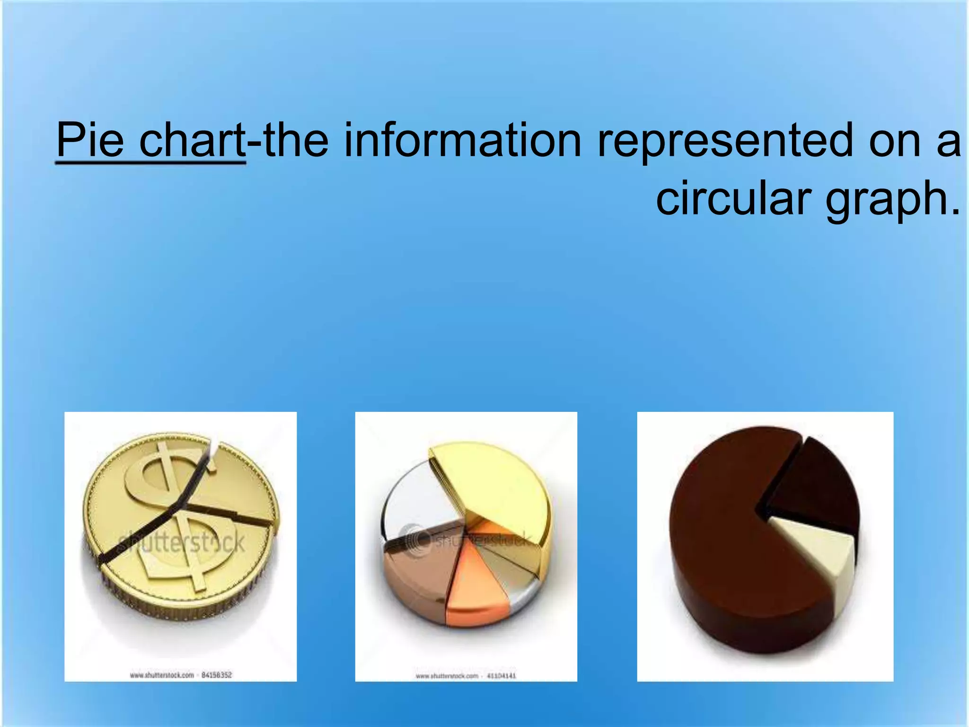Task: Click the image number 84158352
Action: click(217, 675)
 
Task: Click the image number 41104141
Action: click(501, 676)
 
